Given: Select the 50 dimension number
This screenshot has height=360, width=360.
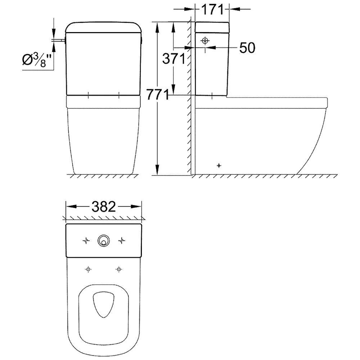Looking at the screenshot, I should coord(247,48).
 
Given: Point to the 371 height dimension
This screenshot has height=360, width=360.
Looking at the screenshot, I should coord(174,59).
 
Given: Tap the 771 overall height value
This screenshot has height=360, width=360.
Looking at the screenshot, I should coord(157,95).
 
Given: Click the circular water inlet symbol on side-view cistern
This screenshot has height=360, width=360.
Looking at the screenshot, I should coord(205,41).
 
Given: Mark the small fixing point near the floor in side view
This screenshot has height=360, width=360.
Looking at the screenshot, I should coord(219,166).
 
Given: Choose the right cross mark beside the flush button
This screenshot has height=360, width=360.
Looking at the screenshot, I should coord(122,240).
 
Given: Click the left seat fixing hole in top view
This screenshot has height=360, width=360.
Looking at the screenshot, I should coord(87,269).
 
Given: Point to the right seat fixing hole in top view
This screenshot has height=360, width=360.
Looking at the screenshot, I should coord(118,269).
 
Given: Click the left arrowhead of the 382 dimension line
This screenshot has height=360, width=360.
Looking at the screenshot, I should coord(69,207).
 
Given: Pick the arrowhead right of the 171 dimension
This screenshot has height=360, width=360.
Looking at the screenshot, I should coord(234,9).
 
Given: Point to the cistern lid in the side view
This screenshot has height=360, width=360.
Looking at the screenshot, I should coord(212,27).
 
